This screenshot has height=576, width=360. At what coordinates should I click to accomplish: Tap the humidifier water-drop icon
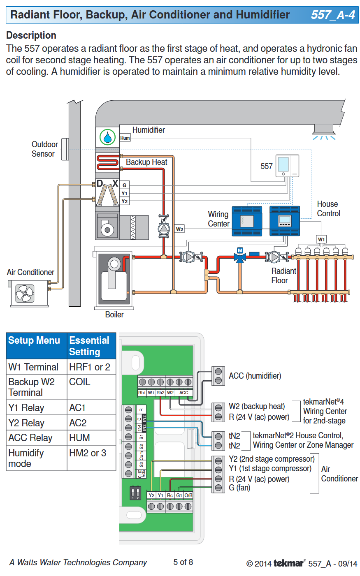(x=107, y=137)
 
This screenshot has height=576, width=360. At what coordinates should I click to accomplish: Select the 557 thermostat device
(x=287, y=165)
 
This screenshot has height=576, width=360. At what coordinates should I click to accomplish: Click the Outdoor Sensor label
(x=44, y=149)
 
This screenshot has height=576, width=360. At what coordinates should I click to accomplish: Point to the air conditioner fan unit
(x=26, y=293)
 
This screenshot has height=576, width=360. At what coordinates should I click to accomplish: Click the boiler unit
(x=114, y=280)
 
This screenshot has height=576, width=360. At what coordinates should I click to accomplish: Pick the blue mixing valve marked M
(x=240, y=257)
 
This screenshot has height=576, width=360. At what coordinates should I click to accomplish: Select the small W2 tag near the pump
(x=179, y=229)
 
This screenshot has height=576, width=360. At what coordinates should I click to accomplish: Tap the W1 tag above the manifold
(x=321, y=239)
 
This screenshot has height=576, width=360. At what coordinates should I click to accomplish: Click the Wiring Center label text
(x=218, y=219)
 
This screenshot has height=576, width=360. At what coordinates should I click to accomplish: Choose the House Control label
(x=328, y=208)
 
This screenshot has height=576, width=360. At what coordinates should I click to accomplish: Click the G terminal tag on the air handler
(x=124, y=185)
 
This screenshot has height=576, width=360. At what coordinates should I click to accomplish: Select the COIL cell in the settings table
(x=79, y=382)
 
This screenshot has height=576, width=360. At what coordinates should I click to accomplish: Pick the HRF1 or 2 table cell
(x=90, y=367)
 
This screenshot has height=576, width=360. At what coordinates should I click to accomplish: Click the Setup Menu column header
(x=34, y=340)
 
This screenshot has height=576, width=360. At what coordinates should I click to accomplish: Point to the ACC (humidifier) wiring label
(x=255, y=376)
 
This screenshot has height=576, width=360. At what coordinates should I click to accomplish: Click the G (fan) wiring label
(x=239, y=488)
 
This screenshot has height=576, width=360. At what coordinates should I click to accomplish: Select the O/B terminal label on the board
(x=188, y=495)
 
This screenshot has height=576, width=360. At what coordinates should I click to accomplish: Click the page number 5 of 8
(x=183, y=562)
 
